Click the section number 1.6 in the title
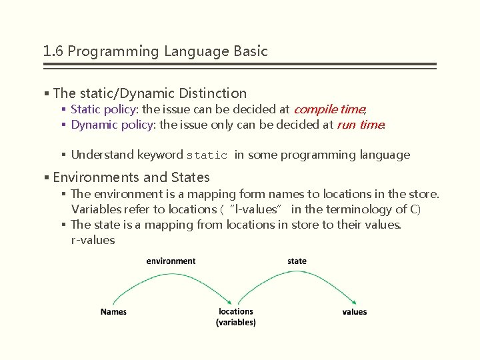click(x=53, y=51)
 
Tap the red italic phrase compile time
click(x=329, y=109)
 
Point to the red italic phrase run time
click(x=360, y=125)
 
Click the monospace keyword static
click(x=207, y=155)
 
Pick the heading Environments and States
click(x=131, y=177)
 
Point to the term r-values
click(x=93, y=240)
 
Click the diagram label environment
click(x=171, y=261)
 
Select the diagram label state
click(x=297, y=261)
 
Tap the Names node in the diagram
click(x=113, y=311)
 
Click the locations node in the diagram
click(x=235, y=311)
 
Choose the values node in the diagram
click(x=354, y=311)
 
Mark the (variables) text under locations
click(x=235, y=322)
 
